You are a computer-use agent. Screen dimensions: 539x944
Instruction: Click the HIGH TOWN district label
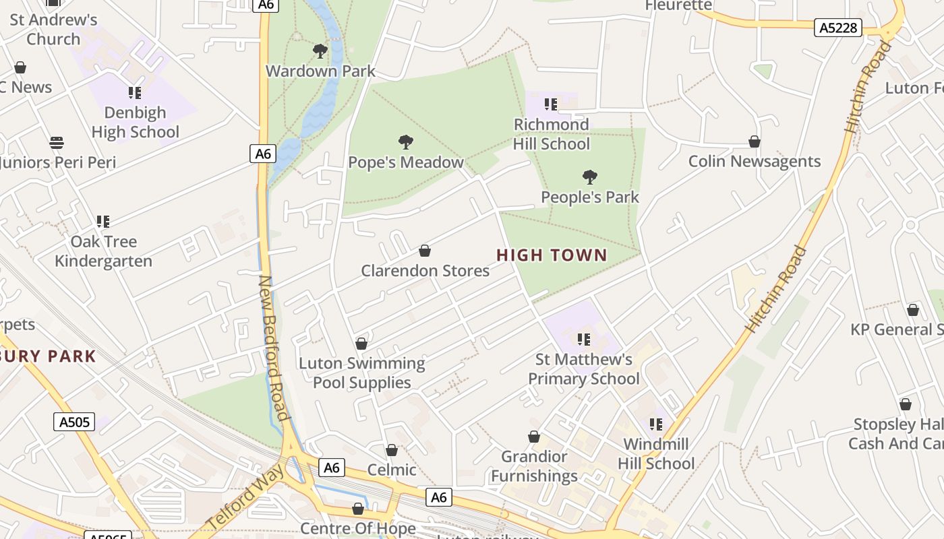tap(552, 255)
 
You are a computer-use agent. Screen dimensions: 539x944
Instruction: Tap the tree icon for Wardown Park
tap(320, 51)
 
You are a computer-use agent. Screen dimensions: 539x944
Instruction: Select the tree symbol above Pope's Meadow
tap(405, 141)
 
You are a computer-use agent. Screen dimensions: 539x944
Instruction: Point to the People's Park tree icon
tap(589, 177)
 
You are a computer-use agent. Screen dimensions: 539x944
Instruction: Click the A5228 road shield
tap(837, 28)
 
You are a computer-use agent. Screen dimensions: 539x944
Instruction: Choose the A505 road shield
tap(74, 422)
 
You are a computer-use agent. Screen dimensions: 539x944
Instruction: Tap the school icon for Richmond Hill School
tap(551, 104)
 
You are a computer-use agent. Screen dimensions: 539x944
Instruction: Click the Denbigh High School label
tap(136, 122)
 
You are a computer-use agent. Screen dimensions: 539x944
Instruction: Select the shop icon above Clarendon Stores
tap(425, 251)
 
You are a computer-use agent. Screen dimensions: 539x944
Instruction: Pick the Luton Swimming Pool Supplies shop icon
tap(361, 344)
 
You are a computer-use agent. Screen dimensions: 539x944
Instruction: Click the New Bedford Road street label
tap(275, 347)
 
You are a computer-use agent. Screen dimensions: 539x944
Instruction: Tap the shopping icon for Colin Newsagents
tap(755, 141)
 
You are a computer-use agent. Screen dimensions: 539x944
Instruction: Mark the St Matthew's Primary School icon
tap(584, 339)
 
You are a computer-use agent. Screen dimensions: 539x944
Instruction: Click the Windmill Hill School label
tap(656, 453)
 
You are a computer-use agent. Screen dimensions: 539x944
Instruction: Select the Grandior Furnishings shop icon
tap(534, 437)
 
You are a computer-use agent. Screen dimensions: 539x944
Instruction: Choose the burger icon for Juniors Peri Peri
tap(57, 143)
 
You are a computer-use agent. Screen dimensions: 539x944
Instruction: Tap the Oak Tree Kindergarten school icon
tap(103, 221)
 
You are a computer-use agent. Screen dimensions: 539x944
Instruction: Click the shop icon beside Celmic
tap(392, 450)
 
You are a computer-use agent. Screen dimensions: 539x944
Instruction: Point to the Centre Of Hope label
tap(358, 528)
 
